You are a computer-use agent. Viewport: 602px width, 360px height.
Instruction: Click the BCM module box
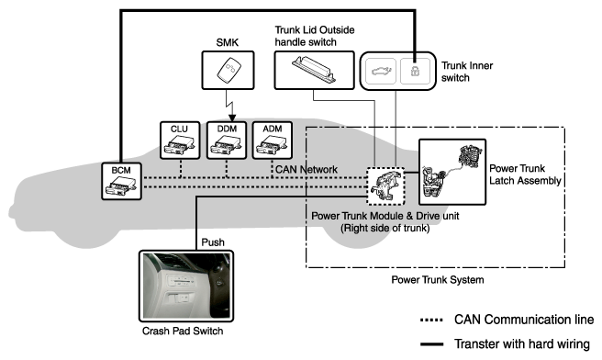[121, 181]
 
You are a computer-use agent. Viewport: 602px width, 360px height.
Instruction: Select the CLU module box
[180, 141]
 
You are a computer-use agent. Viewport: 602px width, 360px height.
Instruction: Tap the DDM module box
[227, 141]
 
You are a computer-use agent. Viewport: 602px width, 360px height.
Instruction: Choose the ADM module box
[273, 141]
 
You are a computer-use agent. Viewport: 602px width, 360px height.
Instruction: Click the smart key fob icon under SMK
[229, 70]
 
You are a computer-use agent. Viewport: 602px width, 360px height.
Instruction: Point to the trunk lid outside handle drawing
[315, 69]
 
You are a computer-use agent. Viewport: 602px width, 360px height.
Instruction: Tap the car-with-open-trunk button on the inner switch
[381, 71]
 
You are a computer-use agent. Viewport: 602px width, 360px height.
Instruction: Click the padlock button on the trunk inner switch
[415, 71]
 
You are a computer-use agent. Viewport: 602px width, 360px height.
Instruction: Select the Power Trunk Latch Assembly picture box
[452, 172]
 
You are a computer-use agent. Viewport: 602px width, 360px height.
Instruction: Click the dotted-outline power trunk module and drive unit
[385, 186]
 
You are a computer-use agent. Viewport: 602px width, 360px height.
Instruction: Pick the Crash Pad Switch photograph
[186, 286]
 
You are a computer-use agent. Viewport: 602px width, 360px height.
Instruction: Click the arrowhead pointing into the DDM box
[232, 118]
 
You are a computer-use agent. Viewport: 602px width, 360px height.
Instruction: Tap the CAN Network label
[307, 169]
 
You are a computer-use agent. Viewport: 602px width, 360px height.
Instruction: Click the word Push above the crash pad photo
[213, 242]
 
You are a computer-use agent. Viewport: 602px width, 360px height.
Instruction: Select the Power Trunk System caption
[438, 280]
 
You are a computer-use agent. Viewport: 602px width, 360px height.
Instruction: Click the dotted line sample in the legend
[431, 320]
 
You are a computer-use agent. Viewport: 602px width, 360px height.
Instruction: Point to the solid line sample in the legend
[431, 343]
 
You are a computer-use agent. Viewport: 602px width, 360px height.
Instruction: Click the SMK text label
[228, 42]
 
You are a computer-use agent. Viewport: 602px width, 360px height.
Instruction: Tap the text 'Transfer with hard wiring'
[522, 343]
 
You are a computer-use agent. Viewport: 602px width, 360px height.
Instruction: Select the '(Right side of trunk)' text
[385, 229]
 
